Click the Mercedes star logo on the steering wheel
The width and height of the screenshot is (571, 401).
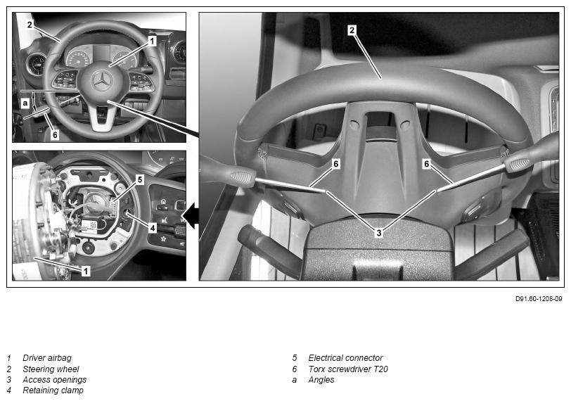pos(102,81)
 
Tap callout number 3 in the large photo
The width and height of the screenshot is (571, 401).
pos(379,232)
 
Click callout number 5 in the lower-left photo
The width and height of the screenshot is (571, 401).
pos(140,179)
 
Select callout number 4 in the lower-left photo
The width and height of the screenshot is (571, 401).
pos(152,228)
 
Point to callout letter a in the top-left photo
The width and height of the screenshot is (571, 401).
pos(25,103)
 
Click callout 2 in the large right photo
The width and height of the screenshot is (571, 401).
pos(352,30)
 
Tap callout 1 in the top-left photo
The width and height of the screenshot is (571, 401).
pos(152,41)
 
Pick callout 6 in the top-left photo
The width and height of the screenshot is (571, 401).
pos(55,135)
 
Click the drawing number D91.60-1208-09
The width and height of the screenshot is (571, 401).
pos(539,299)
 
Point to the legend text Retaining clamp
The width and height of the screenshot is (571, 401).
pos(53,390)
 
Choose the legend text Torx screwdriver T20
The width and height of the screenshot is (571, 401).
pos(348,369)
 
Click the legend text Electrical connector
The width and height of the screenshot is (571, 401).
pos(345,358)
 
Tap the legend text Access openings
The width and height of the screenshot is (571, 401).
pos(55,380)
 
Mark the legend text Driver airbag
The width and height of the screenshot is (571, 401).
pos(47,358)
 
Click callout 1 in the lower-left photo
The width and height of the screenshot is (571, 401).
pos(86,271)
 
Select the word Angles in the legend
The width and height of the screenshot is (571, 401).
pos(321,380)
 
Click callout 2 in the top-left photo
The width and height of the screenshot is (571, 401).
pos(30,25)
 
